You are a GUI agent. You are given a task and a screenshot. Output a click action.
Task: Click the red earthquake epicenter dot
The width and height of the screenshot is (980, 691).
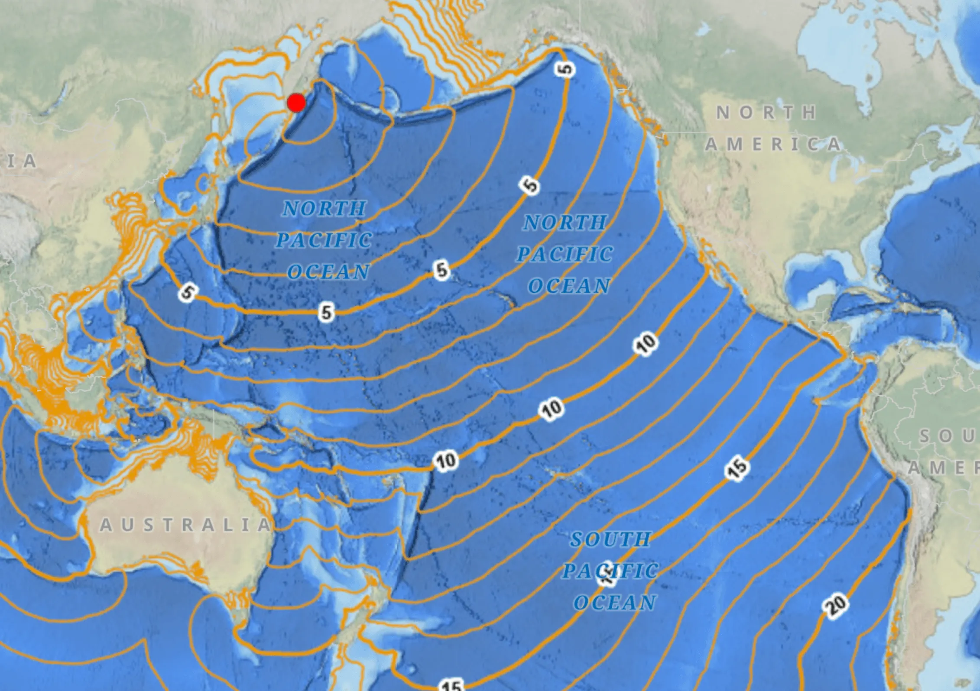pyautogui.click(x=296, y=103)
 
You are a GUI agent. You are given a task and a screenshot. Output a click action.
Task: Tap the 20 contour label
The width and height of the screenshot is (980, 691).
pyautogui.click(x=836, y=604)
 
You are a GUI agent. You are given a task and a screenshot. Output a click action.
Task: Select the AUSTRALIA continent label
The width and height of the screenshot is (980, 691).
pyautogui.click(x=185, y=525)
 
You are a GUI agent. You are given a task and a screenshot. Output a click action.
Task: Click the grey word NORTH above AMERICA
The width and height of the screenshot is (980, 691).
pyautogui.click(x=766, y=113)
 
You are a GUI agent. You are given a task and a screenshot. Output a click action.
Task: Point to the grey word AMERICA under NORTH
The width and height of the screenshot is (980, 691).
pyautogui.click(x=773, y=144)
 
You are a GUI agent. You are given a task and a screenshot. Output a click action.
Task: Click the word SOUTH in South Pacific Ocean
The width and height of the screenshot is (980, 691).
pyautogui.click(x=610, y=539)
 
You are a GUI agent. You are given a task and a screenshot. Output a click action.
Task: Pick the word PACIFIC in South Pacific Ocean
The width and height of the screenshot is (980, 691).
pyautogui.click(x=610, y=571)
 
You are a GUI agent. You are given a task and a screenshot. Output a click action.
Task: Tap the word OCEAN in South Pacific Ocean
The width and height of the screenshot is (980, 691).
pyautogui.click(x=615, y=602)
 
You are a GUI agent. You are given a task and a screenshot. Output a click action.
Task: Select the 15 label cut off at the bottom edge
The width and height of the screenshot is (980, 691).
pyautogui.click(x=451, y=685)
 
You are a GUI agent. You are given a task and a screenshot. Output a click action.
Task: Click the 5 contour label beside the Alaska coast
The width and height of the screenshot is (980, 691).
pyautogui.click(x=566, y=69)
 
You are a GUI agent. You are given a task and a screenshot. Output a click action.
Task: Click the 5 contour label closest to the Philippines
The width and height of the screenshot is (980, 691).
pyautogui.click(x=188, y=293)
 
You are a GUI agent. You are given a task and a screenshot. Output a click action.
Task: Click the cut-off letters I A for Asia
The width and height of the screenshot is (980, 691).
pyautogui.click(x=19, y=161)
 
